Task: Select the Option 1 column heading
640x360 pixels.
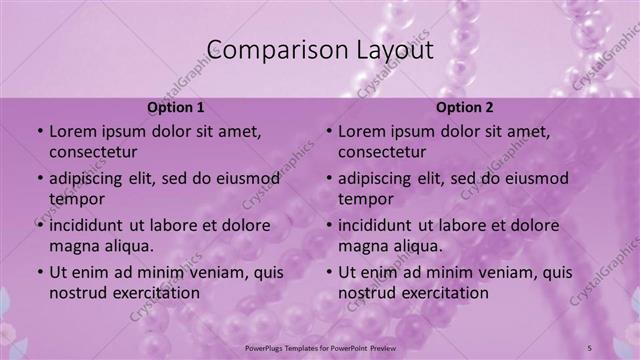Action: click(176, 107)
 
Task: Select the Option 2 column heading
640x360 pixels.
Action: click(465, 107)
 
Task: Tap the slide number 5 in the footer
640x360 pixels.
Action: click(620, 347)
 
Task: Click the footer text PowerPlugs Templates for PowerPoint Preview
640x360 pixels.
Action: click(320, 347)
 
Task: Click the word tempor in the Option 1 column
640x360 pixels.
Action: click(75, 199)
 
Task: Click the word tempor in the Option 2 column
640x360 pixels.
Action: click(364, 199)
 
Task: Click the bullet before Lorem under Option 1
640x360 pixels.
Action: click(39, 132)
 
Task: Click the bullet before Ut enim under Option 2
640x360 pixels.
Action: click(328, 272)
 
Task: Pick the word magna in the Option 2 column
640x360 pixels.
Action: click(363, 246)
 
